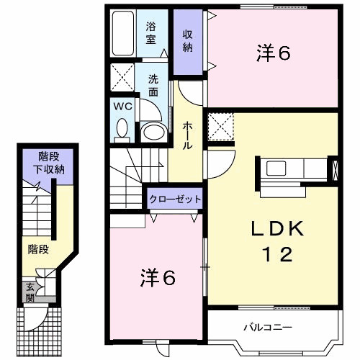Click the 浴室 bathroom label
pyautogui.click(x=152, y=33)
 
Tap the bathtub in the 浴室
pyautogui.click(x=125, y=33)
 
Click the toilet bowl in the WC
pyautogui.click(x=122, y=129)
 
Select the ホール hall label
pyautogui.click(x=187, y=135)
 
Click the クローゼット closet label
pyautogui.click(x=175, y=198)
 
